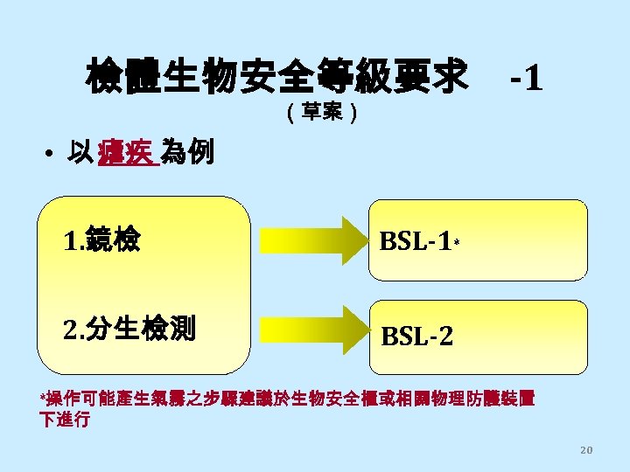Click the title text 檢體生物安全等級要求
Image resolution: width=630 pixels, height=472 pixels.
click(x=276, y=76)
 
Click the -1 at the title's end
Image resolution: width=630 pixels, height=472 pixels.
click(x=526, y=80)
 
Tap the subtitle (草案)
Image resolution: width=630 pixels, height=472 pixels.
click(x=320, y=113)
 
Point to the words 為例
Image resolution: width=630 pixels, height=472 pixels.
click(x=185, y=154)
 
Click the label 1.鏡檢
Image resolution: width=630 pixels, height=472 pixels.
click(x=103, y=239)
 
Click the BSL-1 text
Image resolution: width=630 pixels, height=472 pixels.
click(x=415, y=240)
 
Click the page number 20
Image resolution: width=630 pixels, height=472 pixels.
click(x=586, y=449)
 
